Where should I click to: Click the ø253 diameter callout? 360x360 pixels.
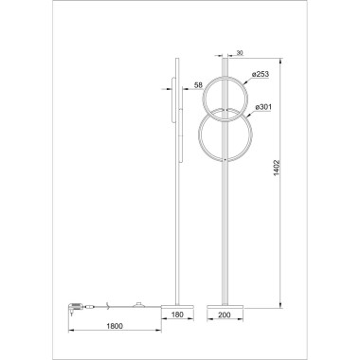point(263,75)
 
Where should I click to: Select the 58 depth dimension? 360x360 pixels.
point(197,86)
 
